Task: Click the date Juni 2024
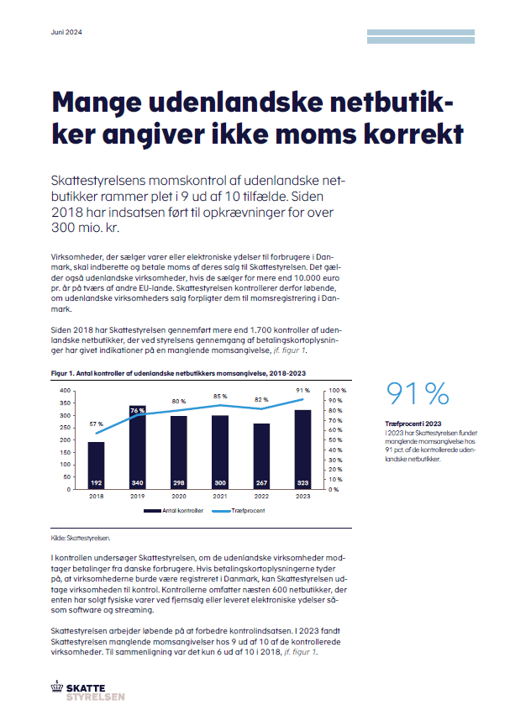(66, 32)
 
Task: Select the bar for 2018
(96, 466)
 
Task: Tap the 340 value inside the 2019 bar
(138, 483)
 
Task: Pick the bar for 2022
(261, 456)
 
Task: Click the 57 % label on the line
(96, 424)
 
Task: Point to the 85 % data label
(220, 397)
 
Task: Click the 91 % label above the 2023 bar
(303, 391)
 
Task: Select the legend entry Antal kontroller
(173, 511)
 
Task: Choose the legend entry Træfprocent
(239, 511)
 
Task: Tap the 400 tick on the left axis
(66, 391)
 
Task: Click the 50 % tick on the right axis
(335, 440)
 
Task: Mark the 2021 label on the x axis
(220, 496)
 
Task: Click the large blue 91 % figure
(418, 393)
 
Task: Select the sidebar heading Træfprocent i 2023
(413, 424)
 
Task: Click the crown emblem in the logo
(57, 686)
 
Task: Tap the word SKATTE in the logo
(86, 688)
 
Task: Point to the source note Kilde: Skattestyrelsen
(81, 538)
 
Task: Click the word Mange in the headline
(97, 103)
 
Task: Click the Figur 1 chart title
(178, 373)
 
